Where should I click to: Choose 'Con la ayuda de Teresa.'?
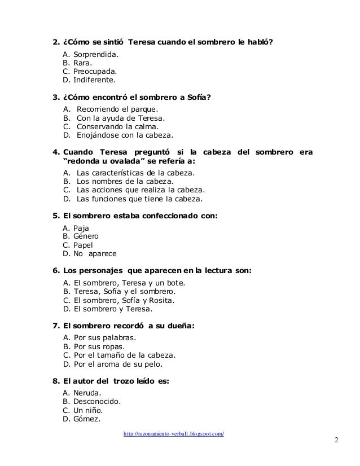coord(121,118)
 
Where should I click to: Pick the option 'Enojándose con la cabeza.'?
coord(125,136)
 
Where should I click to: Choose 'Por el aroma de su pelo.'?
coord(118,364)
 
